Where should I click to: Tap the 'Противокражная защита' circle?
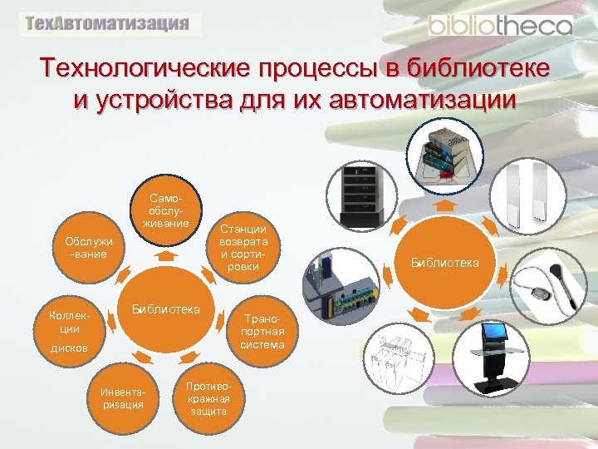point(203,399)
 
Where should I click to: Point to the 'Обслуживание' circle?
point(89,247)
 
